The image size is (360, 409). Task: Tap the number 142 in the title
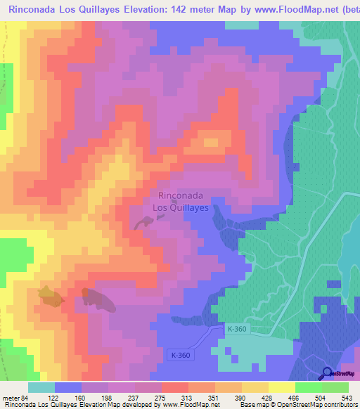tap(179, 8)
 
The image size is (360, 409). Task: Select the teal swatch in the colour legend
tap(41, 388)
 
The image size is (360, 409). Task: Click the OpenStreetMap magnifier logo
tap(328, 373)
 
